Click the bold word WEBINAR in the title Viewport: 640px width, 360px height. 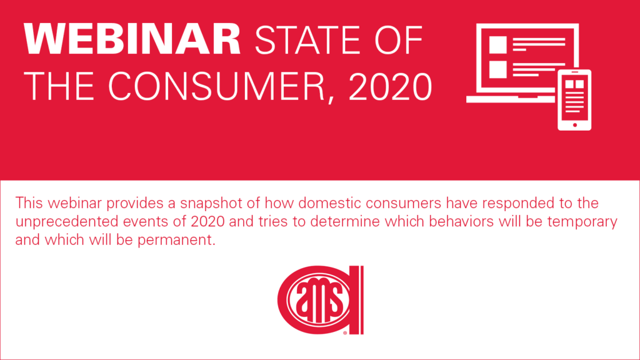132,39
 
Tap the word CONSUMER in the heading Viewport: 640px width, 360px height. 217,86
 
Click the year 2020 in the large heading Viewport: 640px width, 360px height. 390,86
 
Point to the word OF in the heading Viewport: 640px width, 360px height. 399,39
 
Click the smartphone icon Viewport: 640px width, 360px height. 574,100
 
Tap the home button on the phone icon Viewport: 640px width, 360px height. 575,125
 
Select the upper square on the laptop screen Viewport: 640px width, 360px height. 498,44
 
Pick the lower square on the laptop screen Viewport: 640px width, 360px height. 498,69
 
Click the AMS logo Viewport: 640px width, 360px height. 321,300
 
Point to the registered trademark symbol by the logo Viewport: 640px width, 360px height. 345,333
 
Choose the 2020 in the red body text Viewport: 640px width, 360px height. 207,221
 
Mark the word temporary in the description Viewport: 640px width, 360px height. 582,222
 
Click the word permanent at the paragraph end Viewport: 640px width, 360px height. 176,240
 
